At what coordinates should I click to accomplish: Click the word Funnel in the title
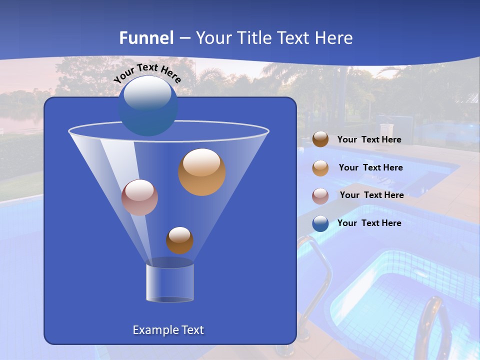click(146, 38)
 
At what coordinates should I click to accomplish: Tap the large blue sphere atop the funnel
click(148, 106)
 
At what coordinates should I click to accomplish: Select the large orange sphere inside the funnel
click(202, 172)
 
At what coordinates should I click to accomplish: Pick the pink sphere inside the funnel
click(139, 197)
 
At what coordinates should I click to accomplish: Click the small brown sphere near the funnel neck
click(179, 240)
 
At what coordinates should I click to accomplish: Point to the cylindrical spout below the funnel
click(170, 282)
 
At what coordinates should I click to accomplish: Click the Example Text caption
click(168, 330)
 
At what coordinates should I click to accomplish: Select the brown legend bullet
click(320, 139)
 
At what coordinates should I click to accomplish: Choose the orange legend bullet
click(320, 168)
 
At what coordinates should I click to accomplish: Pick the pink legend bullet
click(320, 195)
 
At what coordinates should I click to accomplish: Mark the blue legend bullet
click(320, 223)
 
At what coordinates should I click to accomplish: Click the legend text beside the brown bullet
click(369, 140)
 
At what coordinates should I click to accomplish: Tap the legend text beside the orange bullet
click(370, 168)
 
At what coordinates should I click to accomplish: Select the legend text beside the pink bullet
click(371, 195)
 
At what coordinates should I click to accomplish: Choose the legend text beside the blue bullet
click(369, 223)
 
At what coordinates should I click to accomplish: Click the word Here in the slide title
click(333, 38)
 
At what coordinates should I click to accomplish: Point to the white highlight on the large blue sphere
click(147, 93)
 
